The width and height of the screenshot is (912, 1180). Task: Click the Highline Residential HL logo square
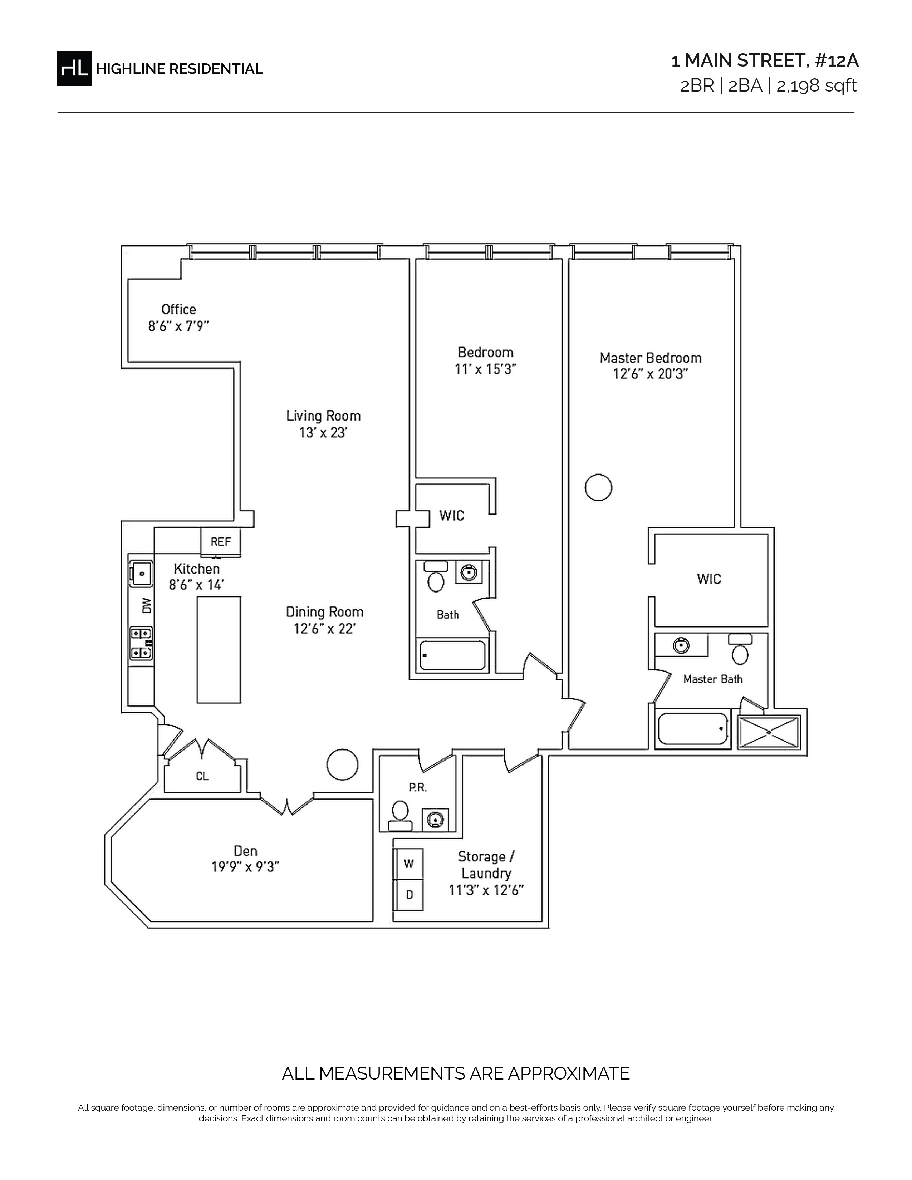74,69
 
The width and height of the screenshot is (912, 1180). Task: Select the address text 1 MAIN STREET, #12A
765,60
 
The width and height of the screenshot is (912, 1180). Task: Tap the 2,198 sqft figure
817,86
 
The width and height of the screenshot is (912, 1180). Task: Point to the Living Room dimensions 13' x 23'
323,433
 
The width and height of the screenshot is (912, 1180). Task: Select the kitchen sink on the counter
141,573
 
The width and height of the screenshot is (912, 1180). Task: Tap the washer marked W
408,864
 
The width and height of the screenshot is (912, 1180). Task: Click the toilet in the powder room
400,816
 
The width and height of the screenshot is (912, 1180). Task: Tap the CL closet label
202,776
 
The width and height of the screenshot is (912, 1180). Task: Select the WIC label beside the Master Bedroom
709,579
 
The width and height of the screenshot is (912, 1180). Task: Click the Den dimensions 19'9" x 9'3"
245,867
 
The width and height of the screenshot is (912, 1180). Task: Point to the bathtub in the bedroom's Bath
453,655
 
